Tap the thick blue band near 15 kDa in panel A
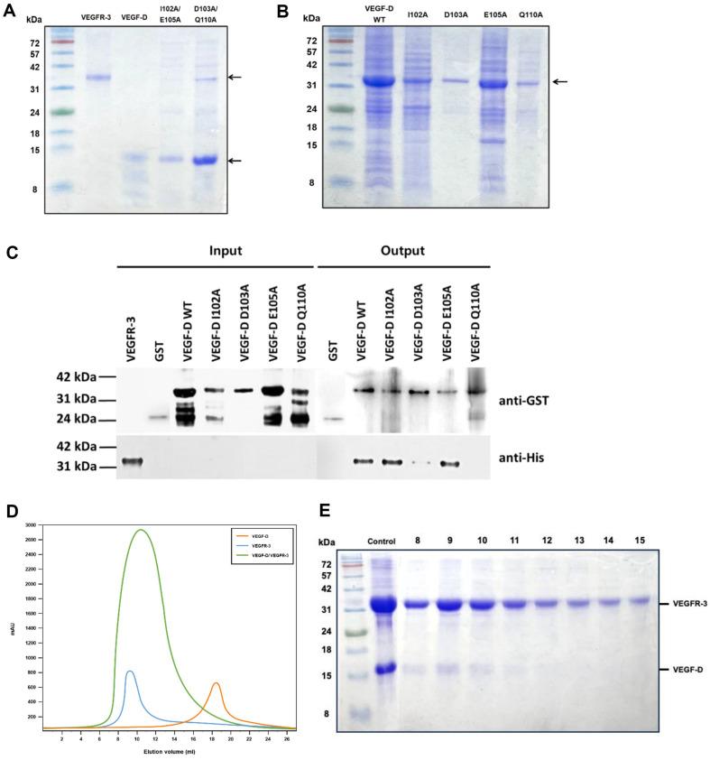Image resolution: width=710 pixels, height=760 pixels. (x=206, y=161)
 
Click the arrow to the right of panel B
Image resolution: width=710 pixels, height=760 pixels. (x=560, y=81)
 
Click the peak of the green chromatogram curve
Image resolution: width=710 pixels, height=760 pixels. (x=141, y=530)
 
